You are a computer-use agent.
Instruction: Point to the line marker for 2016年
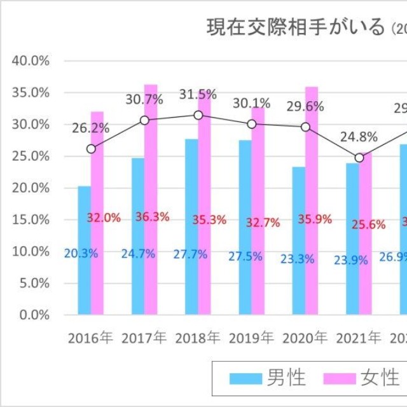91,149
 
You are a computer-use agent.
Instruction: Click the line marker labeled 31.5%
198,115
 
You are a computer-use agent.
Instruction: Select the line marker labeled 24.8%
359,158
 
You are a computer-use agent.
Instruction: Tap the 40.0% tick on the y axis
31,61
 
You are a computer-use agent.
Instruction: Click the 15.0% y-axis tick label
31,219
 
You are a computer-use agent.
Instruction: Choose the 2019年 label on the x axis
251,338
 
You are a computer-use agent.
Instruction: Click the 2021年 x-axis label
359,338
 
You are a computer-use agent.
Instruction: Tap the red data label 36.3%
152,217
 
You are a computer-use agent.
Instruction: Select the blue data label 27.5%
244,254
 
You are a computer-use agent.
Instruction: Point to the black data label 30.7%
144,99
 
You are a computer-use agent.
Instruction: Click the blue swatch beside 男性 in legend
245,379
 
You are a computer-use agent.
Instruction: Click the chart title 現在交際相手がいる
296,27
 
